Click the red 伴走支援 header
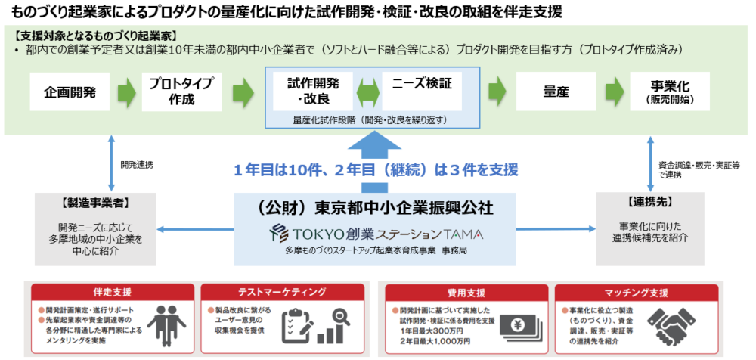tap(113, 292)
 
